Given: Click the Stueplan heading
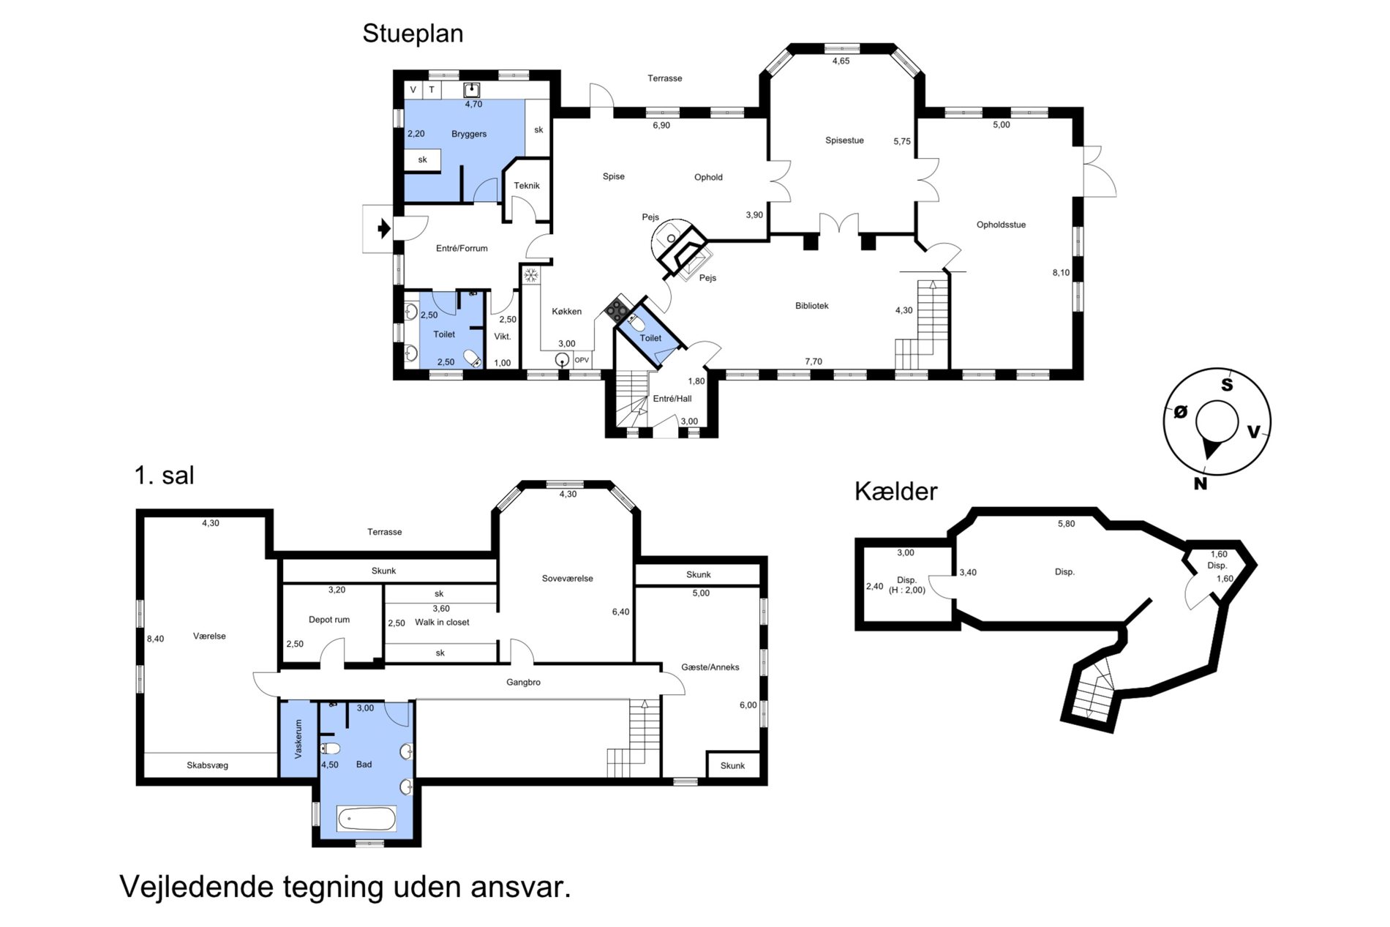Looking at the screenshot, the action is (x=413, y=34).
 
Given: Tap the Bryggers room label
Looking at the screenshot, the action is (x=469, y=134).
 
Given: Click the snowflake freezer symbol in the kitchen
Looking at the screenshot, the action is (x=530, y=276).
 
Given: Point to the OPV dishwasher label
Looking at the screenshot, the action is (x=582, y=360).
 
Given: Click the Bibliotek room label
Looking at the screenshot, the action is (x=812, y=306).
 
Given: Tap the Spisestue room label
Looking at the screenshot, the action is (x=844, y=140).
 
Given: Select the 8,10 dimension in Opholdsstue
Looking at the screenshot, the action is (x=1061, y=273).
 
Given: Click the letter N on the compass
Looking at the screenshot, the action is (x=1200, y=484).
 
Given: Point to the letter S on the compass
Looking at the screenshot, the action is (x=1227, y=385).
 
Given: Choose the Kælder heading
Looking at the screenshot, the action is (x=895, y=491).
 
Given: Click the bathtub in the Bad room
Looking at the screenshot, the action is (x=367, y=819).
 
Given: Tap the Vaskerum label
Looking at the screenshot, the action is (x=298, y=739).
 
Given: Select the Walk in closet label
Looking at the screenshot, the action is (x=442, y=623).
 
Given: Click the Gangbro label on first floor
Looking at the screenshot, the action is (x=523, y=683).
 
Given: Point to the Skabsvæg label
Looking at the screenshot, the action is (x=207, y=765).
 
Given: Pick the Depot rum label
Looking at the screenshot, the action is (x=329, y=620).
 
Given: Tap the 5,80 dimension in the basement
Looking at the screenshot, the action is (x=1066, y=524).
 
